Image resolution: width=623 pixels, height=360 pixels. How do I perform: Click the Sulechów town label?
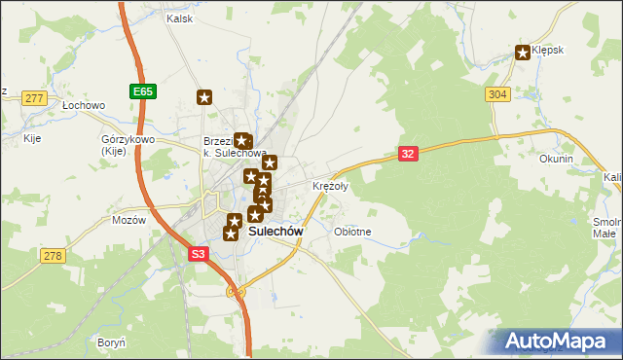(275, 232)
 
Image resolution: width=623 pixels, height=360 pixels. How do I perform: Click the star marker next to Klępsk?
(524, 53)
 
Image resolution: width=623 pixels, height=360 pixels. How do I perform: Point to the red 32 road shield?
(409, 154)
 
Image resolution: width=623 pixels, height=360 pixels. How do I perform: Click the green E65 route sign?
(142, 91)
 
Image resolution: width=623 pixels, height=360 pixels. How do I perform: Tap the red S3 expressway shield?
(198, 253)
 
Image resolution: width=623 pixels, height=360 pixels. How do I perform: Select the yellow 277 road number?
(35, 98)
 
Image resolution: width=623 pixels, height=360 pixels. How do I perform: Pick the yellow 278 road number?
(52, 255)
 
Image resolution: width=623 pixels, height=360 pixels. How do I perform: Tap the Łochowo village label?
(83, 104)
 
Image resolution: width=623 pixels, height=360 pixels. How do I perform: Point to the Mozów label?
(128, 220)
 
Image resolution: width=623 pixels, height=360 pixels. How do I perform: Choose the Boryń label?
(111, 342)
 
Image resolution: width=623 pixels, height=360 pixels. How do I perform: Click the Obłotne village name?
(352, 232)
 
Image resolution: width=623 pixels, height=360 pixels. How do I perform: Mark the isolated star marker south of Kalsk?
(204, 96)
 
